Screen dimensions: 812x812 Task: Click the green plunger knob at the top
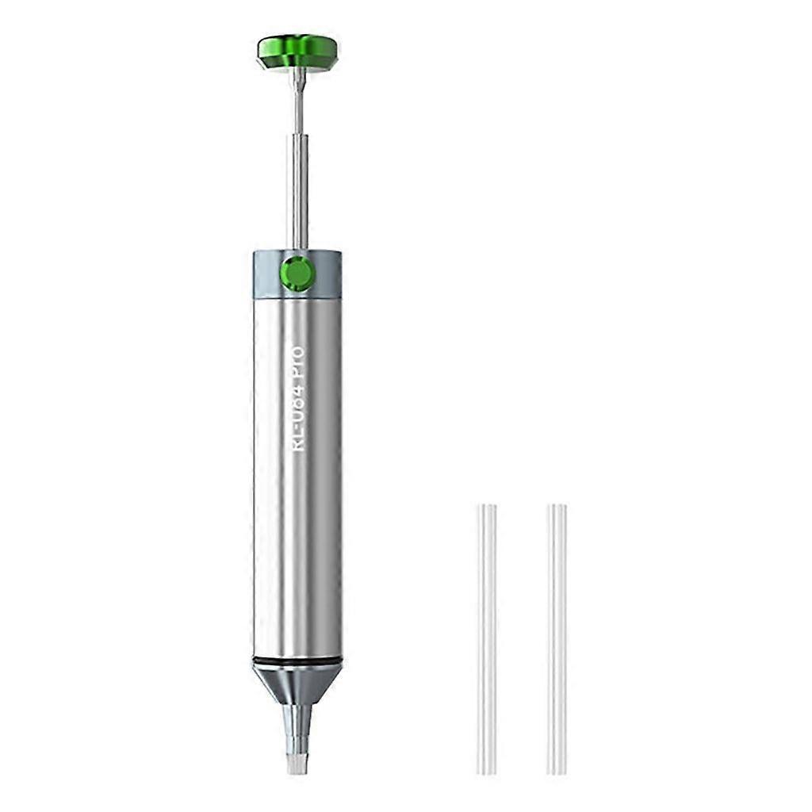(x=297, y=52)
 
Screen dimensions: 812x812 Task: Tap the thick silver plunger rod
(x=297, y=190)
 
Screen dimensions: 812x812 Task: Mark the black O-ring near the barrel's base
(x=297, y=660)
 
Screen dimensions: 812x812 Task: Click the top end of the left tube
(x=487, y=507)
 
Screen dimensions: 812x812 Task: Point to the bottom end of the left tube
(x=487, y=770)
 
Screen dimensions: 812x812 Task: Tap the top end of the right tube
(x=557, y=507)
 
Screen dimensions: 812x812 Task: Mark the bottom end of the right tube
(x=557, y=770)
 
